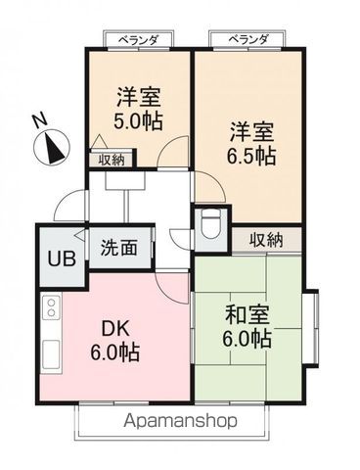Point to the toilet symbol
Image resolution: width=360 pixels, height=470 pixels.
coord(206,227)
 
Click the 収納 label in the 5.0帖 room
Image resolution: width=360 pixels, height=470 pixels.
coord(111,159)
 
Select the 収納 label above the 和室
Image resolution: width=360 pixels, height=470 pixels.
coord(266,239)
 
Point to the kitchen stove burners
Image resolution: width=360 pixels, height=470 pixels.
coord(50,312)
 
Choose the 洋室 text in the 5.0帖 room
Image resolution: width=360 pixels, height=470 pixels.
coord(139,97)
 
